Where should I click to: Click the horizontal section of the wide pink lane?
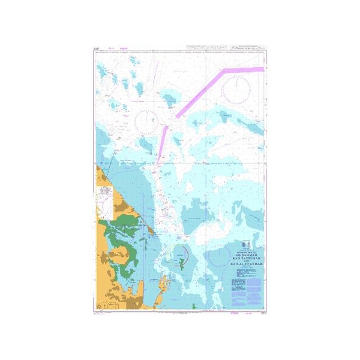point(244,70)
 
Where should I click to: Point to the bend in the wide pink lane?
point(224,71)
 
